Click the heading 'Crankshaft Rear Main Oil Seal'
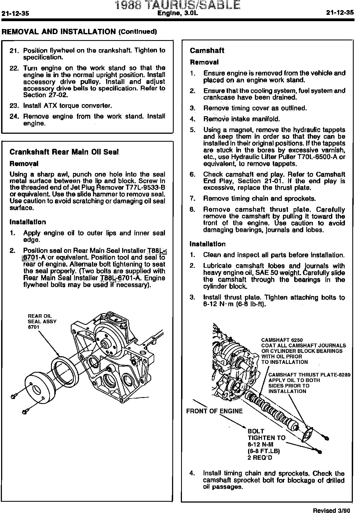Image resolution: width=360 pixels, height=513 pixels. (64, 152)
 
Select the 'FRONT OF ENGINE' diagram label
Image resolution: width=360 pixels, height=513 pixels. (214, 411)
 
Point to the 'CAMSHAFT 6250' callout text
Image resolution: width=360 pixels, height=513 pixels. (282, 340)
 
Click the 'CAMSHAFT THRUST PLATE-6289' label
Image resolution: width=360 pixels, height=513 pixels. (309, 375)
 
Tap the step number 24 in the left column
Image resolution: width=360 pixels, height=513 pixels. (13, 116)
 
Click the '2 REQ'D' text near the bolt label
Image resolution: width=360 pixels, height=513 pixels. (260, 458)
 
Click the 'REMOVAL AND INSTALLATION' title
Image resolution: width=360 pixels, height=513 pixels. (59, 32)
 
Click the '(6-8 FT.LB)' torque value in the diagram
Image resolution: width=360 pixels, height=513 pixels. (263, 451)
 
